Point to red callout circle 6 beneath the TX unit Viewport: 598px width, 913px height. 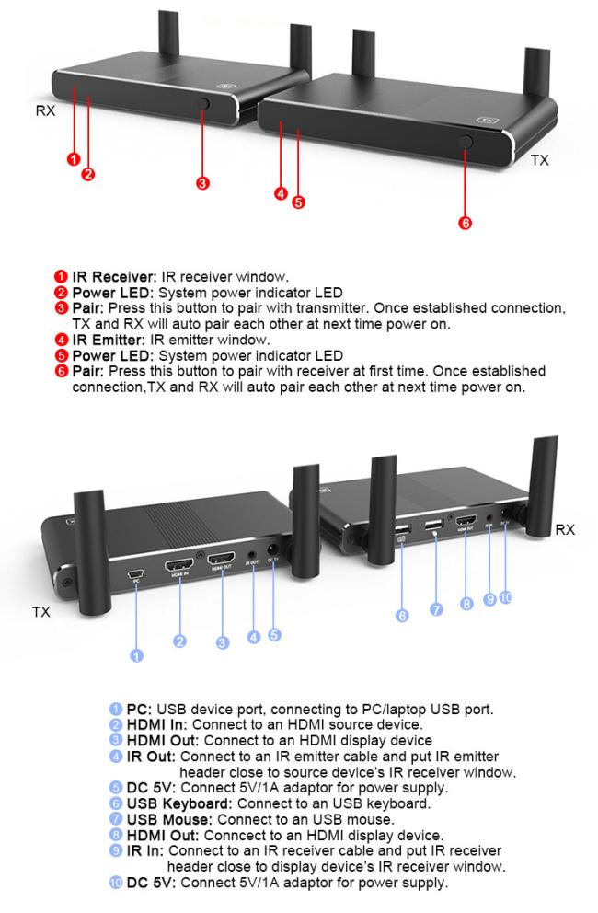point(466,225)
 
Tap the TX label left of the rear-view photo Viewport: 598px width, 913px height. point(41,611)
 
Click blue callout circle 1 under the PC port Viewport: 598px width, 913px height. point(137,656)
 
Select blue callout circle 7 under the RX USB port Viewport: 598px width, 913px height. point(435,608)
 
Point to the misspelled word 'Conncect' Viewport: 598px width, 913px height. point(246,833)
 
